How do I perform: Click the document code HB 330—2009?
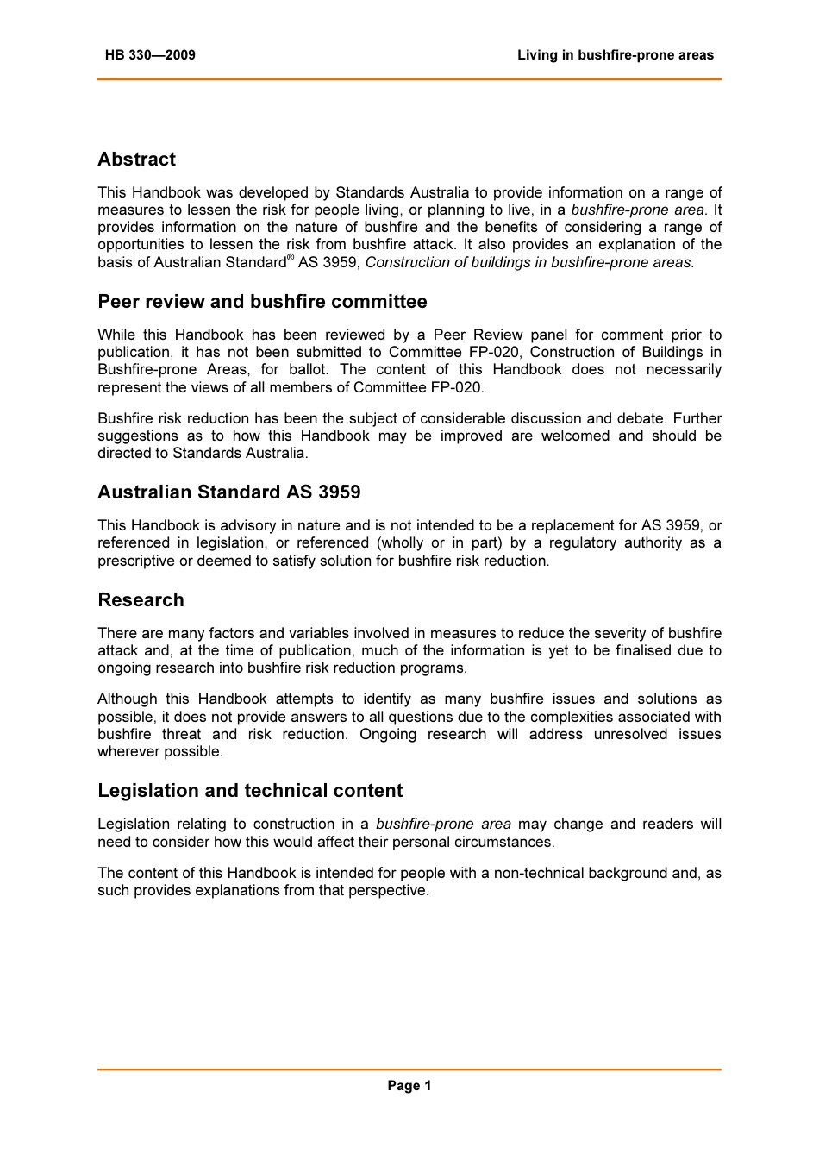[150, 55]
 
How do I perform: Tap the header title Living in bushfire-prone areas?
[615, 55]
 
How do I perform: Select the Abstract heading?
[136, 160]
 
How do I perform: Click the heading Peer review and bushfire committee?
[262, 302]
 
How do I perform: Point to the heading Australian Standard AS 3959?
[228, 492]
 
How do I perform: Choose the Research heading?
[141, 600]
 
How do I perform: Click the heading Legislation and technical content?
[250, 791]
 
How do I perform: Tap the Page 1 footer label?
[409, 1086]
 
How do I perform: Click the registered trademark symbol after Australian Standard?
[291, 257]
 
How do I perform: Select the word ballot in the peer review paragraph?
[308, 370]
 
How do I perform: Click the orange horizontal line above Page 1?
[409, 1069]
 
